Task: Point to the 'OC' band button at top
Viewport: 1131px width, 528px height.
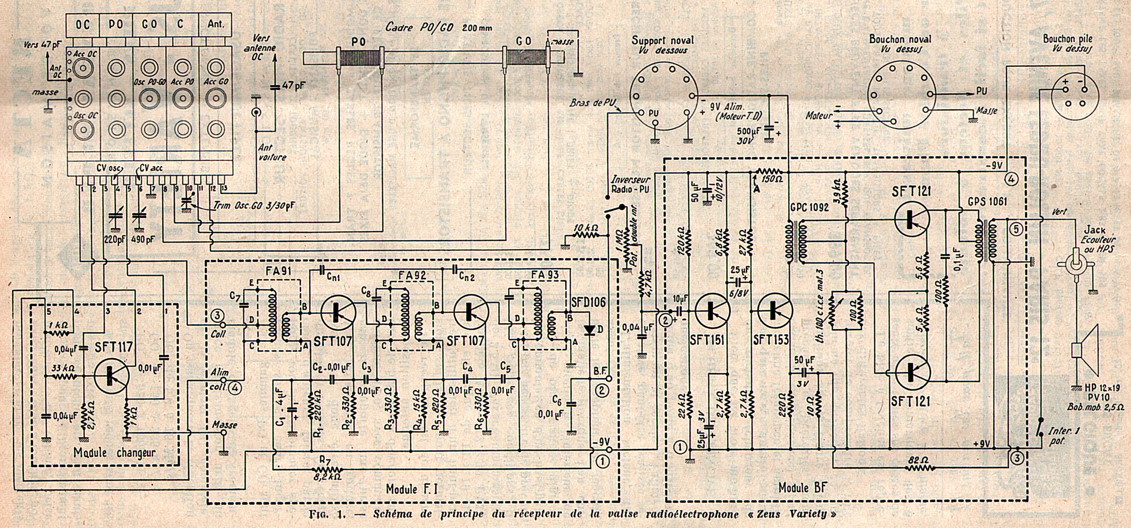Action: pyautogui.click(x=82, y=25)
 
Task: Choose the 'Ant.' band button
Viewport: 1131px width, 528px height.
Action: pyautogui.click(x=216, y=25)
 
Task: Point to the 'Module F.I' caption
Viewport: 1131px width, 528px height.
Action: pyautogui.click(x=412, y=489)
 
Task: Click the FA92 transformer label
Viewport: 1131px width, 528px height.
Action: pyautogui.click(x=410, y=275)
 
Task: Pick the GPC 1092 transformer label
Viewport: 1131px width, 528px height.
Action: pyautogui.click(x=809, y=208)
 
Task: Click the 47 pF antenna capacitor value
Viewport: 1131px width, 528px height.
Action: pyautogui.click(x=294, y=86)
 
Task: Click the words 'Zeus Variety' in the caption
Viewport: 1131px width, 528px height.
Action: pyautogui.click(x=798, y=514)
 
